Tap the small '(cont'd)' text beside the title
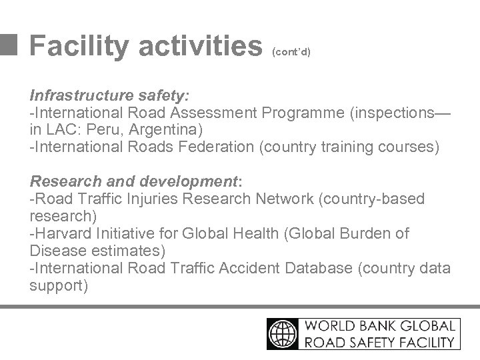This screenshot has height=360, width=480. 291,51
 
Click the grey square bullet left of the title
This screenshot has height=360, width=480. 9,44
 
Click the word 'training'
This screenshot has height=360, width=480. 348,146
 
